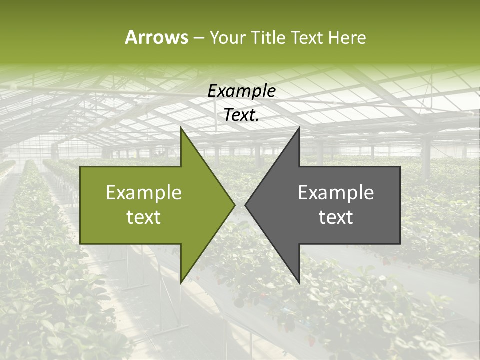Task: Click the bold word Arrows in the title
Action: coord(156,37)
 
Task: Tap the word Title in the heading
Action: coord(268,37)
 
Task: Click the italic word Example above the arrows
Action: coord(241,91)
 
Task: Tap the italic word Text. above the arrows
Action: coord(241,115)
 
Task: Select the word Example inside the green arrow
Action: coord(144,193)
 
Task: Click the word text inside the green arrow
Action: coord(144,217)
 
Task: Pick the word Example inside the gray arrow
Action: coord(336,193)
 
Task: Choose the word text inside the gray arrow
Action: coord(336,217)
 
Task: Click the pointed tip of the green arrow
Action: coord(235,205)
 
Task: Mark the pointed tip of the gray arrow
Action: coord(245,205)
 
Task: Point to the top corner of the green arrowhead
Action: coord(181,128)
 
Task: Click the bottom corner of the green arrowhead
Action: coord(181,283)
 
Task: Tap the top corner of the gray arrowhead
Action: coord(299,128)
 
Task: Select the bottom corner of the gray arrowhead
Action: coord(299,283)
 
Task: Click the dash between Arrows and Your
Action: coord(198,38)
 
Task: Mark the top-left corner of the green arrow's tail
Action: coord(80,167)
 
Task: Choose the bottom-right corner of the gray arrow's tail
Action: coord(400,243)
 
